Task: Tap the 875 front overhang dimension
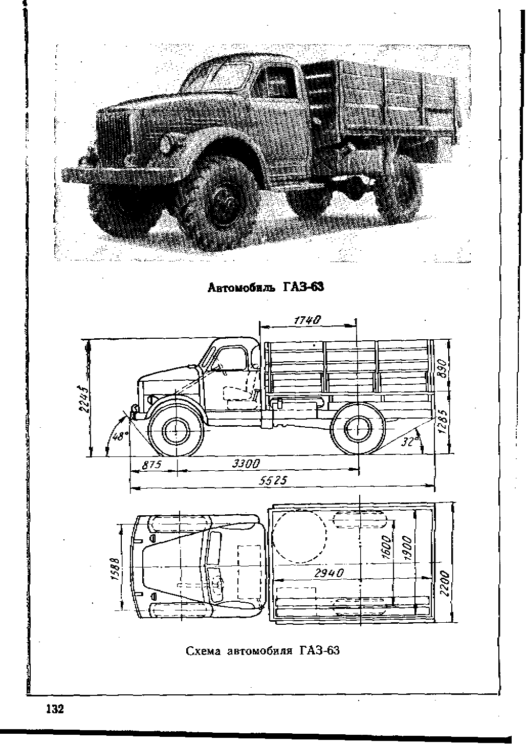(x=151, y=464)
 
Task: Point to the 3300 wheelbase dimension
(x=246, y=464)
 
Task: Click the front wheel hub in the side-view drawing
(x=176, y=431)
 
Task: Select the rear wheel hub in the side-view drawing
(x=358, y=429)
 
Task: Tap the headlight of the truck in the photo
(x=166, y=144)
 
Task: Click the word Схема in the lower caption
(x=203, y=650)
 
